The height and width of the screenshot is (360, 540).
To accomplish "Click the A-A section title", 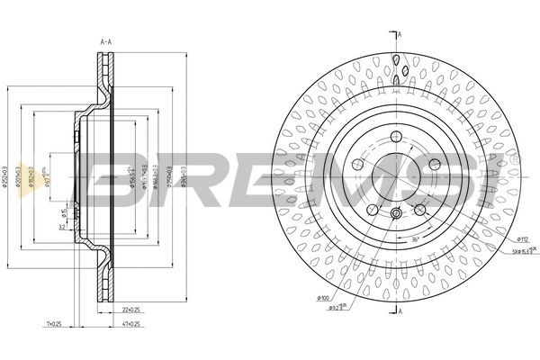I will click(105, 40).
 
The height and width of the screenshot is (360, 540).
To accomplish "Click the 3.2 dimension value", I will click(62, 229).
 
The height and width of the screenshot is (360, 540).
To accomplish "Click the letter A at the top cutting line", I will click(400, 34).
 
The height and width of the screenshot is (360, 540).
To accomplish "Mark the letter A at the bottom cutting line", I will click(400, 310).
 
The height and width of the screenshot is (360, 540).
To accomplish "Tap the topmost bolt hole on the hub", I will click(396, 137).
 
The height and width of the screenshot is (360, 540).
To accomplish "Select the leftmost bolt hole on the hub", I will click(357, 165).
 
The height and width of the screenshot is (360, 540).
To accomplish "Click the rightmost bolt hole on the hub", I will click(435, 164).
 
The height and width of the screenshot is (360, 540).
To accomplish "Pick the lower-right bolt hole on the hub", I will click(419, 209).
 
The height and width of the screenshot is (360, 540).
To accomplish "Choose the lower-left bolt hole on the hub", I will click(372, 209).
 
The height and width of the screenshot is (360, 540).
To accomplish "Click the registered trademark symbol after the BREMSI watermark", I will click(514, 158).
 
